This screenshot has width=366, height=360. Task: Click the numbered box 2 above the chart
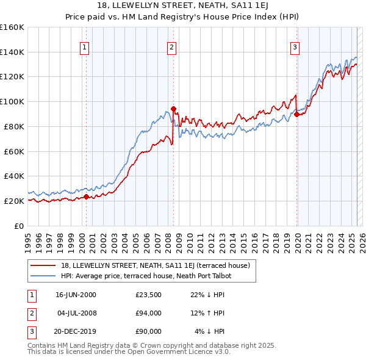point(172,47)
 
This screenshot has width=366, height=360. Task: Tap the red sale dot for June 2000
point(86,196)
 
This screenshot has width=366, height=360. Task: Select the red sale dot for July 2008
point(173,109)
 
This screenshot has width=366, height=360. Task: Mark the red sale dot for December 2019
point(296,114)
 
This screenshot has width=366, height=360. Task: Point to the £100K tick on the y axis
point(12,101)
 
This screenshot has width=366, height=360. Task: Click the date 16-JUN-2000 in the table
point(76,295)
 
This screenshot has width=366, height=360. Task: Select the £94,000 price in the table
point(149,313)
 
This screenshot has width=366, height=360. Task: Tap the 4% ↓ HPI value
point(210,331)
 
